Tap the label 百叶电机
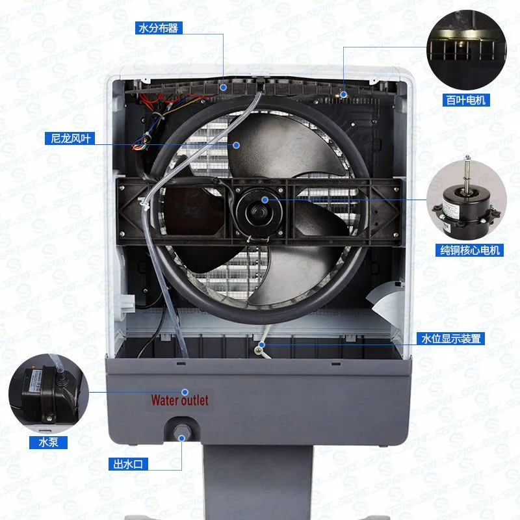pos(466,99)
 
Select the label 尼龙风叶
pos(68,138)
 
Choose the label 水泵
pos(38,442)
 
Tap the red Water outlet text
pos(180,400)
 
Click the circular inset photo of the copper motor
pos(465,198)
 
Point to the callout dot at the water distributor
pos(223,85)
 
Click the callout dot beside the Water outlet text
pos(185,392)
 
